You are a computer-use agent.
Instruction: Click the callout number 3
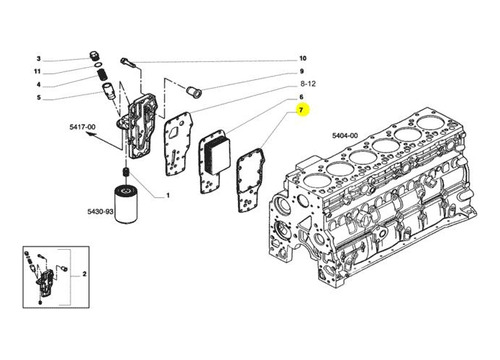pyautogui.click(x=38, y=58)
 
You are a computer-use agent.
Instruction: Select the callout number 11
pyautogui.click(x=38, y=72)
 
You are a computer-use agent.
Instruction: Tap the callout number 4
pyautogui.click(x=38, y=85)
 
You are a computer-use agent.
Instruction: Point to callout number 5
pyautogui.click(x=38, y=98)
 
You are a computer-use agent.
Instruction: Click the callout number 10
pyautogui.click(x=303, y=58)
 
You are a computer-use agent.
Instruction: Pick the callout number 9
pyautogui.click(x=303, y=72)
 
